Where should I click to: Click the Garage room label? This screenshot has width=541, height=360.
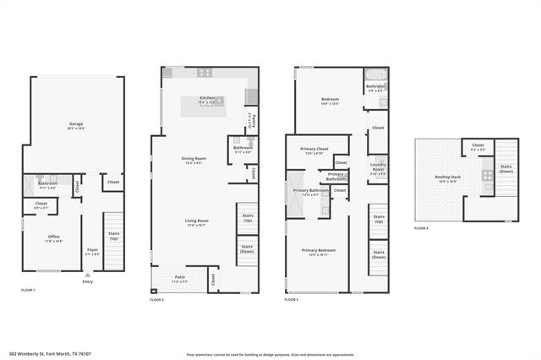point(75,124)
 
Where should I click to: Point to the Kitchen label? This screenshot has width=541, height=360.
point(207,99)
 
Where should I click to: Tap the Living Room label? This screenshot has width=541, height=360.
point(197,222)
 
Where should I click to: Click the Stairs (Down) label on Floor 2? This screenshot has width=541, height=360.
point(247,248)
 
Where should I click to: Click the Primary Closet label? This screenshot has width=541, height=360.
point(314,150)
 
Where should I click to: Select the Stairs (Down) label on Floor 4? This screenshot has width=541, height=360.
point(506,168)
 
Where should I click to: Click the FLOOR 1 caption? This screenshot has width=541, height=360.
point(28,290)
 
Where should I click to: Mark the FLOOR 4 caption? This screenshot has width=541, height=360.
point(421,229)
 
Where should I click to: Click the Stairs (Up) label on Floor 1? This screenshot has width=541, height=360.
point(112,237)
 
